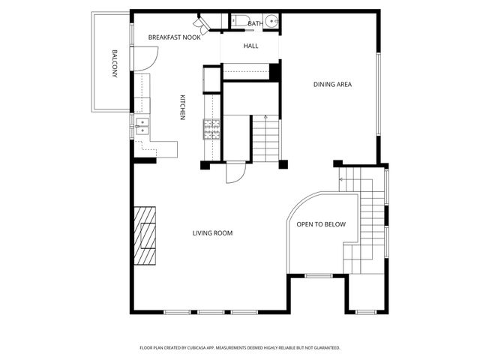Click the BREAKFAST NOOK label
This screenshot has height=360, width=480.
coord(174,37)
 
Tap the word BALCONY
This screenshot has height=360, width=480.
coord(115,64)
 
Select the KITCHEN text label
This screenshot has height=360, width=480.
coord(182,107)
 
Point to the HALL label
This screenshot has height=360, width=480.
coord(250,46)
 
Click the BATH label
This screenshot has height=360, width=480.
coord(255,24)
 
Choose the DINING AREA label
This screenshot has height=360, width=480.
coord(332,84)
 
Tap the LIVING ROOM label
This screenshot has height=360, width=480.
coord(212,233)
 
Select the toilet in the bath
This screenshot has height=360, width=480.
coord(239,22)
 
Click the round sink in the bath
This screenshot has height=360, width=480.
coord(272,22)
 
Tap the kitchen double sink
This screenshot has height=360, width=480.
coord(142,126)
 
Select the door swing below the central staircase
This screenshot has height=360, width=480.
coord(236,172)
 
